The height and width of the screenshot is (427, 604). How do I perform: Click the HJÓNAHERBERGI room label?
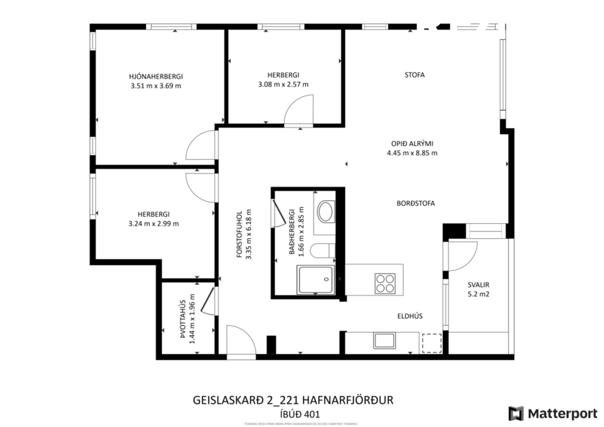coord(155,76)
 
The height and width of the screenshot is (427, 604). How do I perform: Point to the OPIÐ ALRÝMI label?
coord(412,143)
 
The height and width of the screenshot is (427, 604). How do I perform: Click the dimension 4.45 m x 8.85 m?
coord(412,153)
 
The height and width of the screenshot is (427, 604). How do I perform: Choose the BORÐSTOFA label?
coord(415,203)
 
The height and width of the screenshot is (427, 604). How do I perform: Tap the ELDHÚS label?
coord(409,316)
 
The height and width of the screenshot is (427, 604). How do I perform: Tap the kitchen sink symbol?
coord(383,340)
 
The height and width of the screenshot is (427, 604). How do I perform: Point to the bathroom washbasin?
coord(325,211)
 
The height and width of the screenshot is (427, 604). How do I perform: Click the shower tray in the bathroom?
coord(315,280)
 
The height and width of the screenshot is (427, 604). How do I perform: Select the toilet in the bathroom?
coord(322,249)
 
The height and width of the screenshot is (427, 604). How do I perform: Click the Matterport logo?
coord(552,413)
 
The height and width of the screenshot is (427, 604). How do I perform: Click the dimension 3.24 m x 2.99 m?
coord(153,223)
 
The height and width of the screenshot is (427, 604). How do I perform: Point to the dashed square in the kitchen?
coord(431,342)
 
